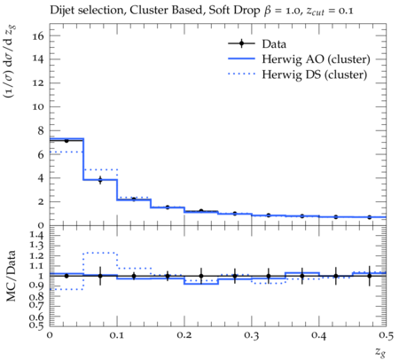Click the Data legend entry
[257, 43]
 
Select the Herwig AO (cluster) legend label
[316, 59]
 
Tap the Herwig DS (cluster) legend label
[315, 74]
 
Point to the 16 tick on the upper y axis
[38, 36]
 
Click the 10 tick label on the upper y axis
[38, 107]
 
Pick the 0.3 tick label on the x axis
[252, 335]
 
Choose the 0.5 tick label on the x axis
[386, 335]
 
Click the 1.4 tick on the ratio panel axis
[36, 235]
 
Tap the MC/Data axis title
[11, 276]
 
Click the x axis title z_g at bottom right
[380, 351]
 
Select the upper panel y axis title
[11, 61]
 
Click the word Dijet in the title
[62, 11]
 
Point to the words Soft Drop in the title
[234, 11]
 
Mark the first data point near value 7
[66, 141]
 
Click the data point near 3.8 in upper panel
[100, 180]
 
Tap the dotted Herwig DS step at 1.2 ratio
[100, 253]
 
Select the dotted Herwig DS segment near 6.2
[66, 152]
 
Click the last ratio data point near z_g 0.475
[370, 276]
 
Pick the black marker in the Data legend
[241, 43]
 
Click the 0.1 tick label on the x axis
[117, 335]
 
